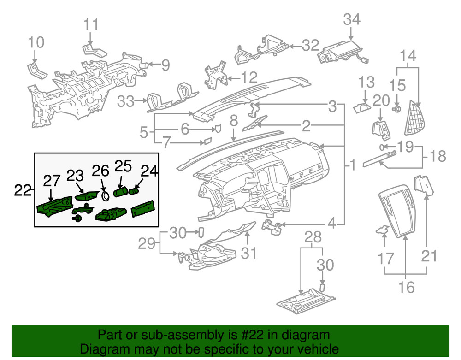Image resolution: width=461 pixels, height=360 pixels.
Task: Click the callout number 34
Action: tap(352, 19)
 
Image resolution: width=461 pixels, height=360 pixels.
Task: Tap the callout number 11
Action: tap(91, 24)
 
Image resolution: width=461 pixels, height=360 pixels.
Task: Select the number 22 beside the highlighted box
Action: tap(23, 189)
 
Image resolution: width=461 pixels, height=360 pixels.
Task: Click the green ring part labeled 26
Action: tap(105, 195)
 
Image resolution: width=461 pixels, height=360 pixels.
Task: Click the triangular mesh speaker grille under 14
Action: tap(415, 118)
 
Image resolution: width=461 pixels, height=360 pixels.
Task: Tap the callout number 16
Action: tap(406, 288)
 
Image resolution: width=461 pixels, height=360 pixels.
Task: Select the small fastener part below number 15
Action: tap(396, 109)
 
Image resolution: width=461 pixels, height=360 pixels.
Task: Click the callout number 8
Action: tap(234, 122)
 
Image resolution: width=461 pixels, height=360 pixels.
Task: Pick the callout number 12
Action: tap(248, 77)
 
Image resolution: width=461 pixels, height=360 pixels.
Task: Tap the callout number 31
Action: tap(249, 253)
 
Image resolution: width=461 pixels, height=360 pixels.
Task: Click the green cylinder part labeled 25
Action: tap(120, 191)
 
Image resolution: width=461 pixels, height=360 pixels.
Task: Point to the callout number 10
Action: tap(36, 43)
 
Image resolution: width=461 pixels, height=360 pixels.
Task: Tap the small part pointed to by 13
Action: tap(361, 108)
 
